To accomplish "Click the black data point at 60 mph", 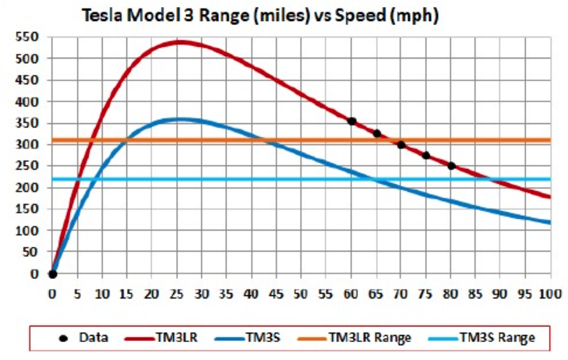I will coord(351,121).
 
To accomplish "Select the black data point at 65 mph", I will coord(376,133).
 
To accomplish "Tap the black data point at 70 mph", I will coord(401,145).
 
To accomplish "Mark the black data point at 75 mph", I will coord(426,155).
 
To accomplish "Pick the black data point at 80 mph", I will coord(451,165).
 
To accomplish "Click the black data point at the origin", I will coord(52,274).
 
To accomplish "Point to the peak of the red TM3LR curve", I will coord(179,42).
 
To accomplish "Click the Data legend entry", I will coord(82,337).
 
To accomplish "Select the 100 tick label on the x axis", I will coord(550,295).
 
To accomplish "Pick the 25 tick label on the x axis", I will coord(177,295).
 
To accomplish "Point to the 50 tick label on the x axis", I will coord(302,295).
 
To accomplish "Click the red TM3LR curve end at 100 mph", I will coord(549,197).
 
